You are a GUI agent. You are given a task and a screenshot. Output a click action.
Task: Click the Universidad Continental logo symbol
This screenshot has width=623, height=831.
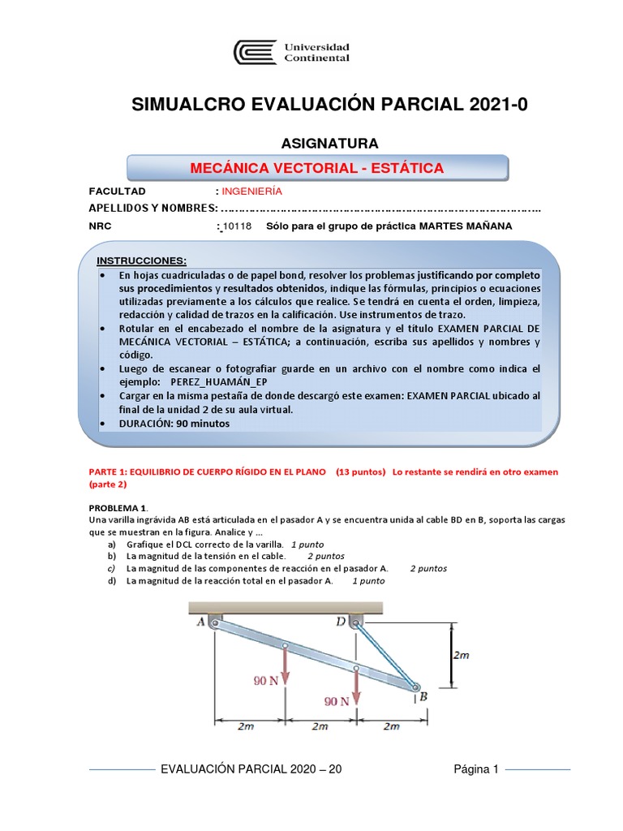tap(255, 53)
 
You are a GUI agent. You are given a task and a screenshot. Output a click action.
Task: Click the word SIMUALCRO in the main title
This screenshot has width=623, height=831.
tap(188, 104)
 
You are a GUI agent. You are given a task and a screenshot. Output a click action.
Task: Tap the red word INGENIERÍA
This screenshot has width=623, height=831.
tap(251, 191)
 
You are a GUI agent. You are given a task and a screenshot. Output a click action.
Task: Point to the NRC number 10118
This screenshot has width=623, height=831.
tap(238, 226)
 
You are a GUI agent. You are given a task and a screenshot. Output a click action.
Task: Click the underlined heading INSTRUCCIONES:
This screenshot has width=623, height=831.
tap(142, 260)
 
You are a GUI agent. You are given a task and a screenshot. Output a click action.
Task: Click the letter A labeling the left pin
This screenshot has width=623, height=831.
tap(200, 623)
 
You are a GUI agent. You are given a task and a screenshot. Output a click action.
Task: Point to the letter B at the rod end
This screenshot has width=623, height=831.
tap(423, 696)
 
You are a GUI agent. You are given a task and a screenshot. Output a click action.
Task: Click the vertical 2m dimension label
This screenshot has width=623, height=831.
tap(460, 656)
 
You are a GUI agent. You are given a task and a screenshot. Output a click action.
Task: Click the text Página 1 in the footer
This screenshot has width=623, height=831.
tap(475, 769)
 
